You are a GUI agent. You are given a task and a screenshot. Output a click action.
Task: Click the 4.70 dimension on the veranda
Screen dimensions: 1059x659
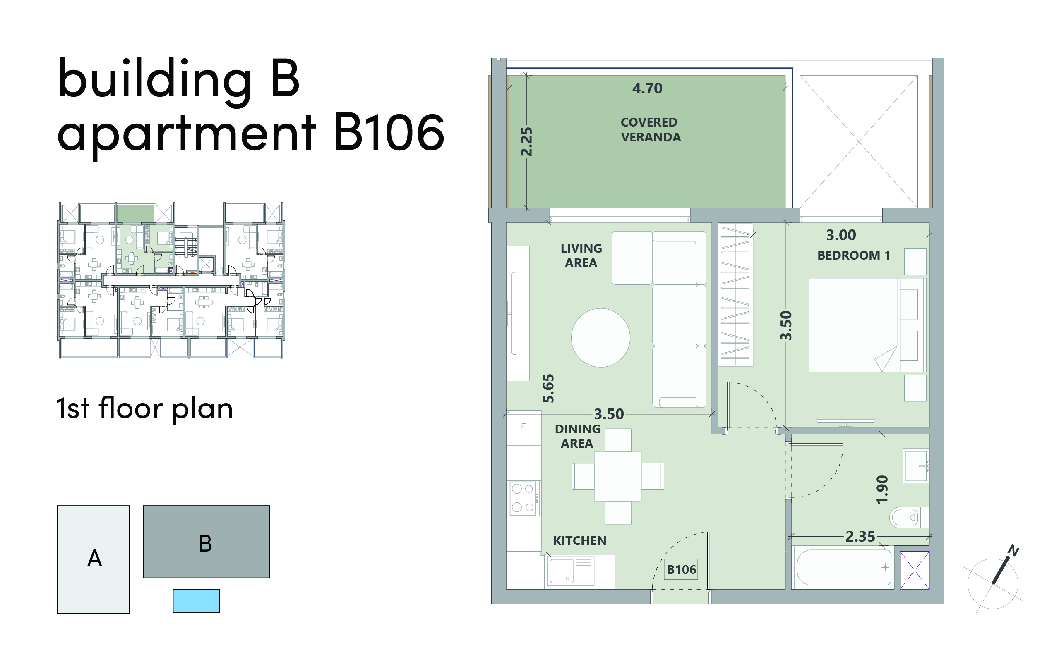pyautogui.click(x=647, y=88)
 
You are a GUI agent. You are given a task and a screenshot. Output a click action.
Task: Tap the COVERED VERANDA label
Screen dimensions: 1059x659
pyautogui.click(x=650, y=130)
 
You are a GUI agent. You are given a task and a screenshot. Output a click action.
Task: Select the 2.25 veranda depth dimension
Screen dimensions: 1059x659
pyautogui.click(x=526, y=142)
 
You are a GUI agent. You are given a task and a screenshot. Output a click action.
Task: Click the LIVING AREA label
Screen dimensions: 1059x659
pyautogui.click(x=581, y=255)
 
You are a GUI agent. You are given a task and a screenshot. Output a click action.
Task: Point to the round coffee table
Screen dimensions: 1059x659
pyautogui.click(x=600, y=338)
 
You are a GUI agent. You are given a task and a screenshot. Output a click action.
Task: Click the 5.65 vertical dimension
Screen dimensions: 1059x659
pyautogui.click(x=548, y=388)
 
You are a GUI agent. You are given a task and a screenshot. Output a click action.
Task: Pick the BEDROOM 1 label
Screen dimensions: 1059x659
pyautogui.click(x=854, y=255)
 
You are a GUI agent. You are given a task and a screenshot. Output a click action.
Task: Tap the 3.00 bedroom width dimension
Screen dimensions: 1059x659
pyautogui.click(x=841, y=235)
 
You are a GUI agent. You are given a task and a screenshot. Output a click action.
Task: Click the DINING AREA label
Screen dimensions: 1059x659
pyautogui.click(x=577, y=436)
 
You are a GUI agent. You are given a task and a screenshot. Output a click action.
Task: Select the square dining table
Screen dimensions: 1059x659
pyautogui.click(x=617, y=476)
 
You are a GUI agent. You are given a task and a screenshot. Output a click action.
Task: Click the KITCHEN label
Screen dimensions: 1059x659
pyautogui.click(x=580, y=541)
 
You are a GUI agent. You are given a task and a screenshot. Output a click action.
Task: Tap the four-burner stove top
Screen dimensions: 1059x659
pyautogui.click(x=523, y=498)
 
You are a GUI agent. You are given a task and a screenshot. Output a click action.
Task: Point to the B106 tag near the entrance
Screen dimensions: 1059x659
pyautogui.click(x=681, y=570)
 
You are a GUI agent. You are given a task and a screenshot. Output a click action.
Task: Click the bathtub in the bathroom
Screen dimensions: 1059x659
pyautogui.click(x=843, y=568)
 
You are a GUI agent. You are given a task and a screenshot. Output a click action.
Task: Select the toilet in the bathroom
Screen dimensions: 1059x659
pyautogui.click(x=909, y=518)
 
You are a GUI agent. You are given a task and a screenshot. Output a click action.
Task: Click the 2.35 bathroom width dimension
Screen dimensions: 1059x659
pyautogui.click(x=860, y=537)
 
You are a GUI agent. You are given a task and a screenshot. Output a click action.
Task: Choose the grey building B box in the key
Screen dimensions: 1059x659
pyautogui.click(x=207, y=542)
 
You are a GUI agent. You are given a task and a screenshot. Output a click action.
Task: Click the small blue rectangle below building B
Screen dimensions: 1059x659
pyautogui.click(x=196, y=601)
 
